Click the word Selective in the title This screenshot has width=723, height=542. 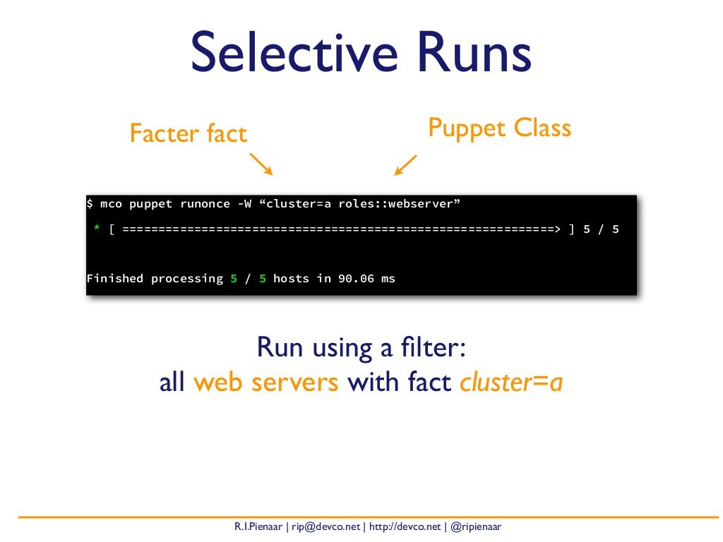286,54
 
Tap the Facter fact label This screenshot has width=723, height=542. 189,133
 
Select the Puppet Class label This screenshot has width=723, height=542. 499,128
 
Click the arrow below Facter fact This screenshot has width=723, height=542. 261,164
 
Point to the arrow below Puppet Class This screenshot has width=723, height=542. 406,164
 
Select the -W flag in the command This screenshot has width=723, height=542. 242,204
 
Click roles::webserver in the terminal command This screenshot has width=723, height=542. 395,204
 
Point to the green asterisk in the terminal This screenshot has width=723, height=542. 97,229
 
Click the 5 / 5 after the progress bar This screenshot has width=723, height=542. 601,229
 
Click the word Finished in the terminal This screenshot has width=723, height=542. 114,279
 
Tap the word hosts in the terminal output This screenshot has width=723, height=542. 291,279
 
